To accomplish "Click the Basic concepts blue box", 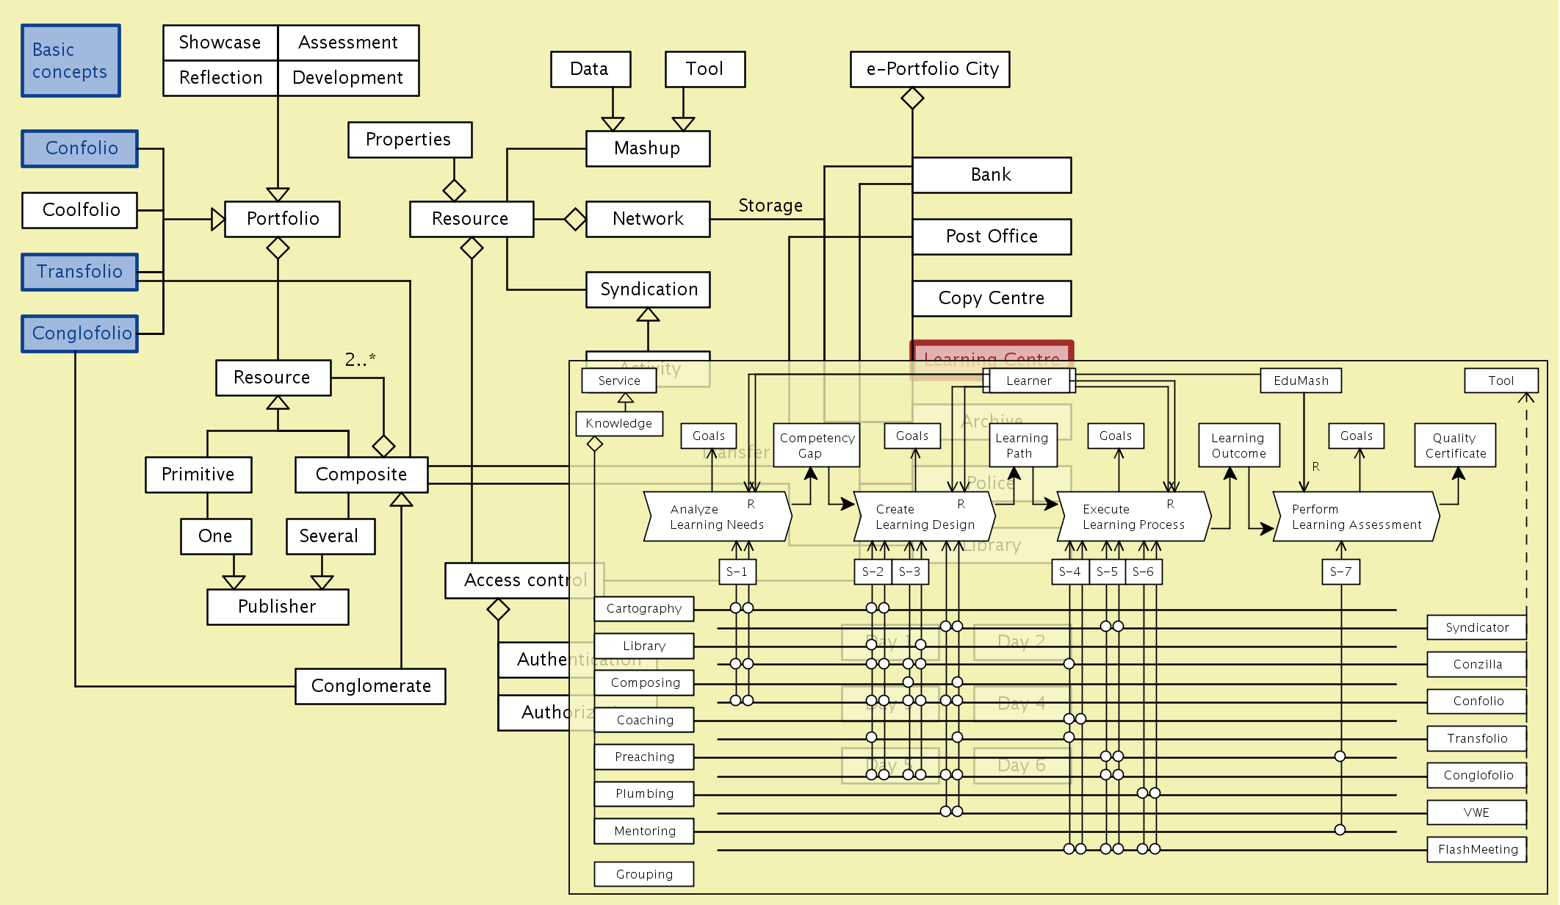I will (71, 61).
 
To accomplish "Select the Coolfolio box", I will (80, 210).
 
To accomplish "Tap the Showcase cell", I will (220, 43).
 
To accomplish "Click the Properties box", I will (409, 140).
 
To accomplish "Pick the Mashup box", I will (647, 148).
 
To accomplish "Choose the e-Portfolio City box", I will (930, 69).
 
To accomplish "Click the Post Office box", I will (992, 237).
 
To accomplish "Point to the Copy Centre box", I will (992, 298).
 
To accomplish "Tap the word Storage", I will (770, 206).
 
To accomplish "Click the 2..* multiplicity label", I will (360, 359).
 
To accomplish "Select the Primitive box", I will (198, 475).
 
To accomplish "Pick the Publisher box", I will (278, 607).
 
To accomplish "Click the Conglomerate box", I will (370, 686).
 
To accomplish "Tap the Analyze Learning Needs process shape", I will (717, 517).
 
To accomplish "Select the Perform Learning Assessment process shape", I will (1356, 517).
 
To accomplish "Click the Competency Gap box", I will (816, 445).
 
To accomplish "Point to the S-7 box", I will (1340, 572).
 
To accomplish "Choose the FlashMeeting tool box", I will (1477, 849).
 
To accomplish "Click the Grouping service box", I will (644, 874).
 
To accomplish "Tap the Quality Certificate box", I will (1455, 445).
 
